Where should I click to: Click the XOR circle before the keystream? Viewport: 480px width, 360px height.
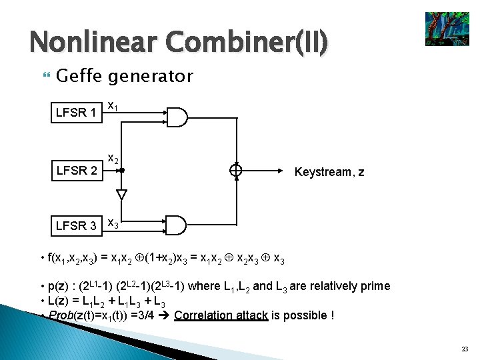pyautogui.click(x=235, y=171)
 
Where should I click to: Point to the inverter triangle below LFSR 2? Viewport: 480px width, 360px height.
pyautogui.click(x=121, y=195)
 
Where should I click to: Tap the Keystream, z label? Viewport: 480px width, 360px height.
pyautogui.click(x=329, y=172)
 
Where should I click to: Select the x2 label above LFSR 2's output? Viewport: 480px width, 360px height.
pyautogui.click(x=114, y=159)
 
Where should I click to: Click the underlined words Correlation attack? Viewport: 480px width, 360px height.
pyautogui.click(x=221, y=315)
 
